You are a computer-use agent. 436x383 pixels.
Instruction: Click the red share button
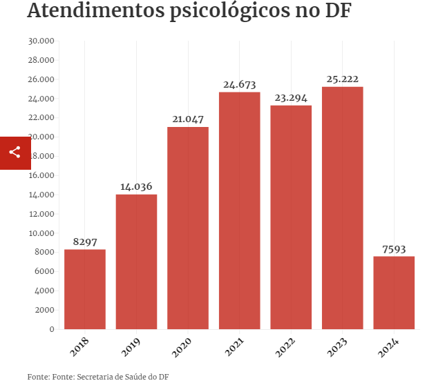[x=15, y=153]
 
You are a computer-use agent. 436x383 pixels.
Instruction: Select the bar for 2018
[x=85, y=289]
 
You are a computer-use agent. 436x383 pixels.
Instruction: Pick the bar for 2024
[x=394, y=293]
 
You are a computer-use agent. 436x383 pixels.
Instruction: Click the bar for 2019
[x=136, y=262]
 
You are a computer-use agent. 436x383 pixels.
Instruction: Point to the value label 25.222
[x=342, y=79]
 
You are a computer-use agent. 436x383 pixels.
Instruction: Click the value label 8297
[x=85, y=242]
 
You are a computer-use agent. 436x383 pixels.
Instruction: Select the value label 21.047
[x=188, y=119]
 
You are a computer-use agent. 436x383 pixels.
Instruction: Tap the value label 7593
[x=394, y=248]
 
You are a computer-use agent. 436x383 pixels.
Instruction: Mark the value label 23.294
[x=291, y=97]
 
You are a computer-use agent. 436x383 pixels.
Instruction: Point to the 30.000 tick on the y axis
[x=41, y=41]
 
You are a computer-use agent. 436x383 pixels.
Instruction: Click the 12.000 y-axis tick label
[x=41, y=214]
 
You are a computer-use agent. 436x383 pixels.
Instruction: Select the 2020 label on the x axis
[x=182, y=348]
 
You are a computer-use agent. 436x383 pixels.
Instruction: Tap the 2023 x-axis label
[x=337, y=348]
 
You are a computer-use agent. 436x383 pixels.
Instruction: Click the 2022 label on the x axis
[x=285, y=348]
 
